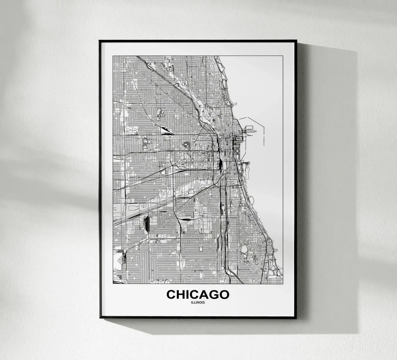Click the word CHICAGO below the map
pos(198,294)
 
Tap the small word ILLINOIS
pos(198,303)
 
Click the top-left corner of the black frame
pos(99,40)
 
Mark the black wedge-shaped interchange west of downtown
pos(168,133)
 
